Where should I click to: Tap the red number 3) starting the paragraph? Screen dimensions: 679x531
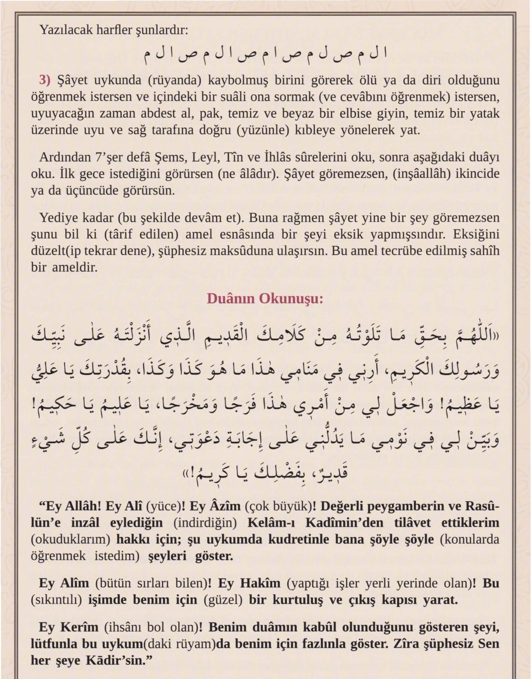tap(45, 80)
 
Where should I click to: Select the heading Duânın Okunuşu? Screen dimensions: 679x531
tap(265, 298)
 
